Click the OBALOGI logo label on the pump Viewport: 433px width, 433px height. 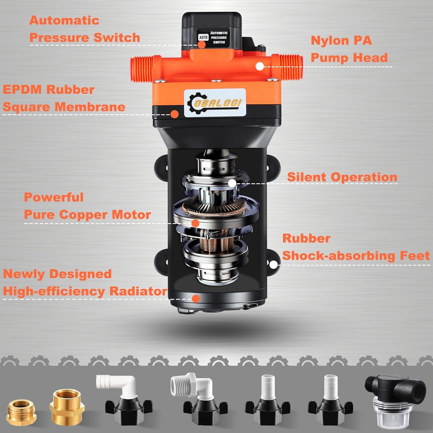click(x=215, y=103)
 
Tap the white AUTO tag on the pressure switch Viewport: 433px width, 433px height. click(x=203, y=38)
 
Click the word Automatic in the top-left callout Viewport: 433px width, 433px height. click(x=64, y=20)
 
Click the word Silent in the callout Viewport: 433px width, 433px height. click(x=307, y=177)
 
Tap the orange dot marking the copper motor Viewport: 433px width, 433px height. click(x=195, y=223)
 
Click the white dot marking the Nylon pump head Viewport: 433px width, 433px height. click(x=260, y=66)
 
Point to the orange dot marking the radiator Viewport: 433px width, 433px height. click(x=196, y=299)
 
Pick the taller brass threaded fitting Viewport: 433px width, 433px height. click(x=67, y=406)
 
